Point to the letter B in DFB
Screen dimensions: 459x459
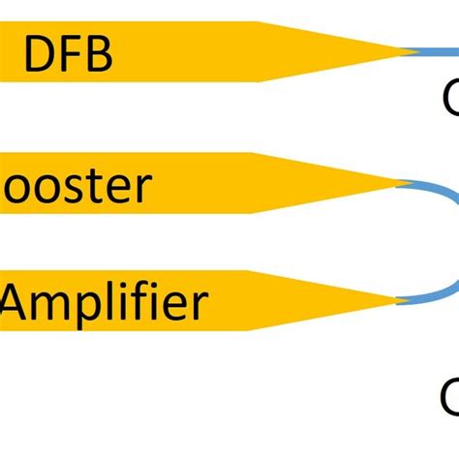(x=98, y=55)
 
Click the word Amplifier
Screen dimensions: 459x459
(x=105, y=303)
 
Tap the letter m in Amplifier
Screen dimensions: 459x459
(x=56, y=306)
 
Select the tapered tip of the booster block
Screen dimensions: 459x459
(x=392, y=181)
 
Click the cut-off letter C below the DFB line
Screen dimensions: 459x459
(x=450, y=99)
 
